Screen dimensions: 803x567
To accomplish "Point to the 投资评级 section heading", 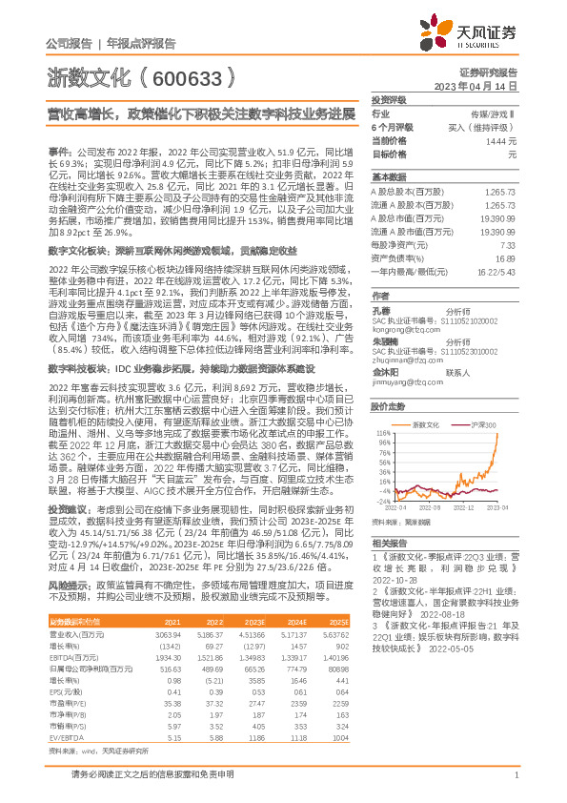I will [389, 99].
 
